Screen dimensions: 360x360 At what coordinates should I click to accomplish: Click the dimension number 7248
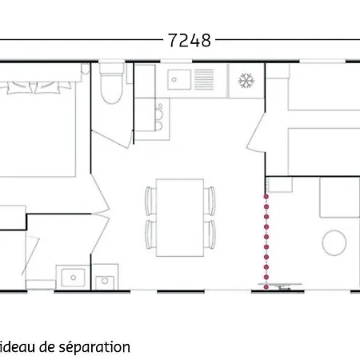point(190,40)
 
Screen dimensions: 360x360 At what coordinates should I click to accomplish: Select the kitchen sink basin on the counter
point(178,78)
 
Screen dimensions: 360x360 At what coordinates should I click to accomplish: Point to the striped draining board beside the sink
point(205,78)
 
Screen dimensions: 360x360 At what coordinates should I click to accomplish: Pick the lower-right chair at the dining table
point(211,234)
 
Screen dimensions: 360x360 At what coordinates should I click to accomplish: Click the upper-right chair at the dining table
point(211,198)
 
